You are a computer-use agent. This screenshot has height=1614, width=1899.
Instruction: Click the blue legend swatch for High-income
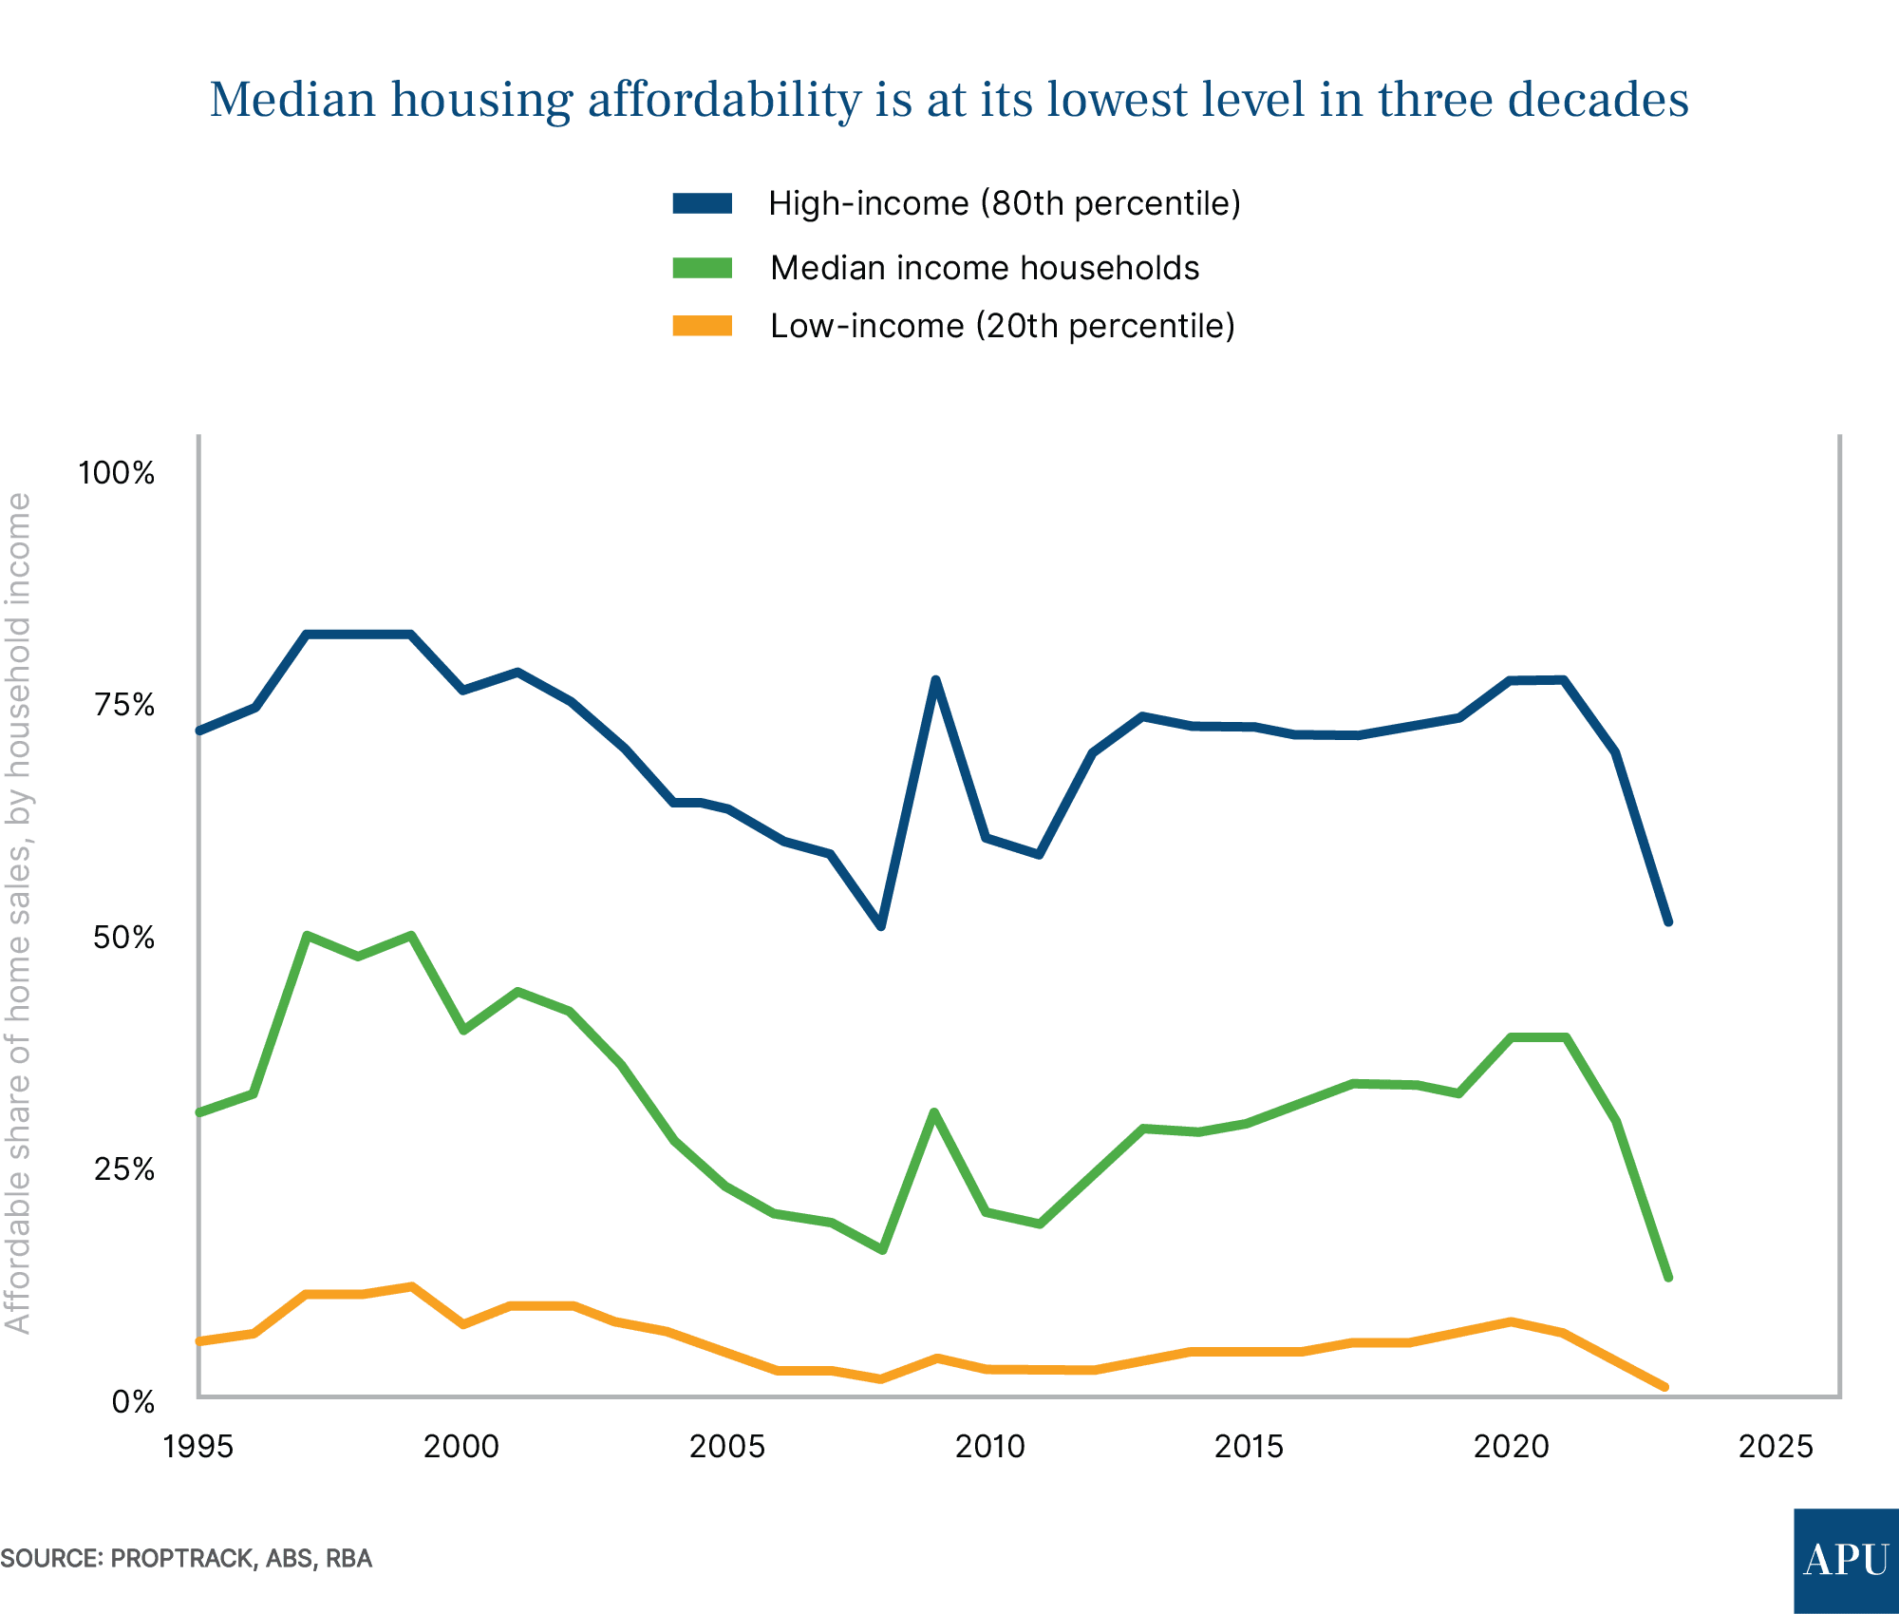pos(702,203)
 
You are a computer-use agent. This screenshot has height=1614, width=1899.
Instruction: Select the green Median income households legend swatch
pos(702,268)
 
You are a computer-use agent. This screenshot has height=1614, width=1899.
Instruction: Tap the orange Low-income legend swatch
pos(702,326)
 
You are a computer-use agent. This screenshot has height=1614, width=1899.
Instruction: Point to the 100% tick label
pos(116,472)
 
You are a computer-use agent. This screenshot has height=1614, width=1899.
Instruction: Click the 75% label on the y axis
pos(123,705)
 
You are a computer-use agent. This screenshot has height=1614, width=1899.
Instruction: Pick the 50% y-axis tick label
pos(123,938)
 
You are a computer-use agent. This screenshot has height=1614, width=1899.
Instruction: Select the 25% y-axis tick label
pos(123,1169)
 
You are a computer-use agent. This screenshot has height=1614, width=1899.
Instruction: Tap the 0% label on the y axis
pos(133,1402)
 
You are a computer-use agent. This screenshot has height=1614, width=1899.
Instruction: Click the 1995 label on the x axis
pos(198,1447)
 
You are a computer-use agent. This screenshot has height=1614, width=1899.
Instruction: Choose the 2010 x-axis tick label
pos(989,1447)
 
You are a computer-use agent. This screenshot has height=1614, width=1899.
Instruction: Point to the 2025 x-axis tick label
pos(1776,1447)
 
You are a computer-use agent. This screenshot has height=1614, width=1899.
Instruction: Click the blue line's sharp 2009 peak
pos(935,679)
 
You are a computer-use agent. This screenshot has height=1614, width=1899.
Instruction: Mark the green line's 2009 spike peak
pos(934,1112)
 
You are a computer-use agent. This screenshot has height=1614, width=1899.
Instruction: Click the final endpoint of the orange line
pos(1664,1387)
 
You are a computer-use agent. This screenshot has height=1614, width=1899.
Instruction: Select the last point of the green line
pos(1668,1278)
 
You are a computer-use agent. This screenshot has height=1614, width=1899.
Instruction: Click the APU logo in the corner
pos(1846,1560)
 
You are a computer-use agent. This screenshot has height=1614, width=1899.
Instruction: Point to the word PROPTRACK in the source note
pos(181,1558)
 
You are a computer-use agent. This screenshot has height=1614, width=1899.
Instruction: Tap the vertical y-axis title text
pos(19,912)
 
